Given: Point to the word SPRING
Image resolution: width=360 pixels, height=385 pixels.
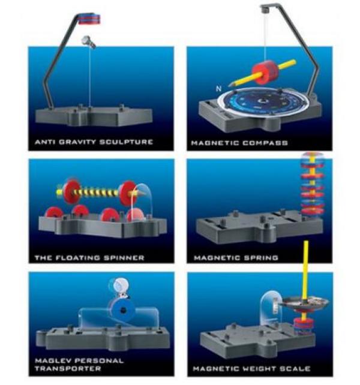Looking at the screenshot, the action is point(261,258).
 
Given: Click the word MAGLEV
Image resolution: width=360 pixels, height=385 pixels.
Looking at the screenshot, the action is point(53,360).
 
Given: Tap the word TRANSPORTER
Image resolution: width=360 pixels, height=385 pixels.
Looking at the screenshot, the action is point(68,369).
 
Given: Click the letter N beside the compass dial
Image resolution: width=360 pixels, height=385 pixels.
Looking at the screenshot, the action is point(218,89).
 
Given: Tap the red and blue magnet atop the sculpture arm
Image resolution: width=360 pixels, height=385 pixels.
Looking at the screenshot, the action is point(89,19).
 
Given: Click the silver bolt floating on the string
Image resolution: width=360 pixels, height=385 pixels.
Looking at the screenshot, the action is point(88,41).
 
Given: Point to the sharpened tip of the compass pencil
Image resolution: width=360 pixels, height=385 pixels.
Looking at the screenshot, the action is point(229,85).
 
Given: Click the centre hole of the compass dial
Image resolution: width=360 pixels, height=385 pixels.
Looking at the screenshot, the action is point(262,101).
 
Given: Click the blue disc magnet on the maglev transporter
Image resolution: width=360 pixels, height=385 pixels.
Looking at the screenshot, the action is point(122,311).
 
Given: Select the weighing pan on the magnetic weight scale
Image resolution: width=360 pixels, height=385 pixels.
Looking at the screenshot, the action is point(305,303).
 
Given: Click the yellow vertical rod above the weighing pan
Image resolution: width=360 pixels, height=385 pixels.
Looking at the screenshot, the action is point(305,270).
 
